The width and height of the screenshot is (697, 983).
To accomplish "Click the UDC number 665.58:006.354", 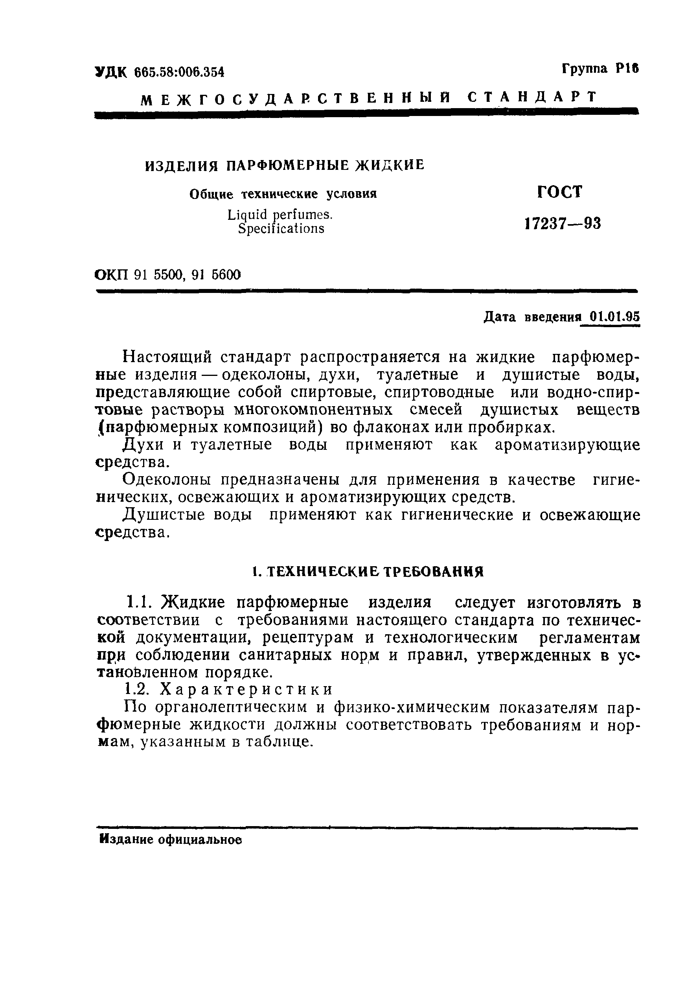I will click(x=179, y=72).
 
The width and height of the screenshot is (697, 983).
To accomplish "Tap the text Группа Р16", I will click(x=600, y=69).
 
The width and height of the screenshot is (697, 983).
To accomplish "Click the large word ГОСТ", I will click(x=560, y=192).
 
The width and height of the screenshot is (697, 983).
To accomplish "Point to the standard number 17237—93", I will click(x=562, y=224).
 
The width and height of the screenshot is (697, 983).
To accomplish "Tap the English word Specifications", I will click(x=281, y=229).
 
